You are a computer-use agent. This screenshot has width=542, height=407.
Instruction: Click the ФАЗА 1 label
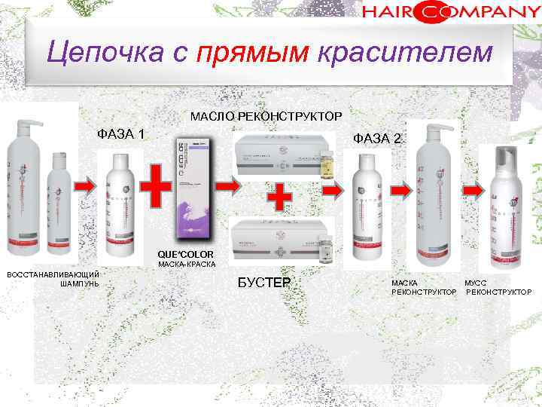click(122, 135)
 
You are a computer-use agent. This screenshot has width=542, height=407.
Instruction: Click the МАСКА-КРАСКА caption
click(186, 265)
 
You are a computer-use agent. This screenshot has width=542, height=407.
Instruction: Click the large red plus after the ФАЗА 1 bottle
click(156, 185)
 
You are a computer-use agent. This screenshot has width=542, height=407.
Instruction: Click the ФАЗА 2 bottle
click(370, 203)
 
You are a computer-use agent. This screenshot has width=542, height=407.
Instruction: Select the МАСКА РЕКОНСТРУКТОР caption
click(424, 287)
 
